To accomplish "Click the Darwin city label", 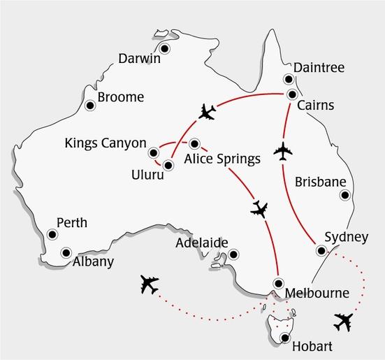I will coord(140,59).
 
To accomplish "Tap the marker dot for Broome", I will coord(89,106).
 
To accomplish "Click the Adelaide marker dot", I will coord(233,254).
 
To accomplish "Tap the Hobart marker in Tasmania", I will coord(284,338).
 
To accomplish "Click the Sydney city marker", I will coord(320,251).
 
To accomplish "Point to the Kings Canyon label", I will coord(106,143).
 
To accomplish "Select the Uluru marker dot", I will coord(168,166).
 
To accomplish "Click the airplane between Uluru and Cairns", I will coord(208,111).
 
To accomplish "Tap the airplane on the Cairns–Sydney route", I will coord(284,150).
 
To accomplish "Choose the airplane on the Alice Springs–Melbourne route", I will coord(258,208).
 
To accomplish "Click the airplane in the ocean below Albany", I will coord(149,284).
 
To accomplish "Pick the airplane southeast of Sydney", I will coord(343,322).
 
